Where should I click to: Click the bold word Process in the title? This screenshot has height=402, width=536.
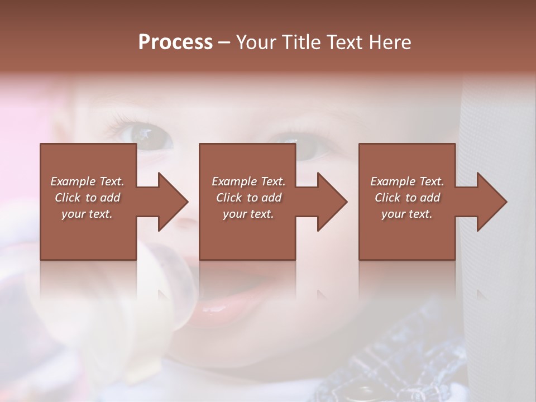click(175, 42)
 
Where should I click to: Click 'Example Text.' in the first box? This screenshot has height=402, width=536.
click(87, 181)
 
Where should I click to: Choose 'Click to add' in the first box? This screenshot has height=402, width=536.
click(87, 198)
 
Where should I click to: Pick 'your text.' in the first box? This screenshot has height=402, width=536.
click(87, 214)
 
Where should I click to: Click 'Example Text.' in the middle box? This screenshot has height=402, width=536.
click(248, 181)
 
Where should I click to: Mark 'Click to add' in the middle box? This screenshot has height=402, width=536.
click(248, 198)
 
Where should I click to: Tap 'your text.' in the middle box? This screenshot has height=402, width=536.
click(248, 214)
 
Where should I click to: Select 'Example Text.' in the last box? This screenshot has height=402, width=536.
click(407, 181)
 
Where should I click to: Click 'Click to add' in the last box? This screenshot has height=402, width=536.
click(407, 198)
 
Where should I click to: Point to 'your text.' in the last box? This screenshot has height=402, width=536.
click(407, 214)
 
